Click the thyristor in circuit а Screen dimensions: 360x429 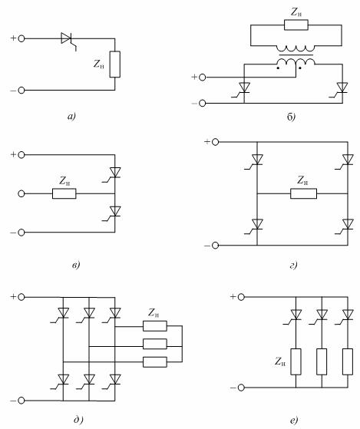[x=67, y=40]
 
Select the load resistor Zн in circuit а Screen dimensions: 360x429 [x=115, y=64]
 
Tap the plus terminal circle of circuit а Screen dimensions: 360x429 [x=21, y=38]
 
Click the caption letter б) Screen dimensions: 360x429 [x=291, y=117]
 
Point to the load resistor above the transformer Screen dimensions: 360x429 [x=296, y=25]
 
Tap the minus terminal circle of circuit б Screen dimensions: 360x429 [x=202, y=103]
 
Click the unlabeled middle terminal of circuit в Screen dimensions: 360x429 [x=21, y=193]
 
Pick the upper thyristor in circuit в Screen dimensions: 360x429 [x=113, y=174]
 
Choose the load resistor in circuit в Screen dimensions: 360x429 [x=64, y=193]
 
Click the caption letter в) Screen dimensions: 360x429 [x=76, y=265]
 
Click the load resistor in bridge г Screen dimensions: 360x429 [x=304, y=193]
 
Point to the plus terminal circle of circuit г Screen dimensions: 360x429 [x=215, y=142]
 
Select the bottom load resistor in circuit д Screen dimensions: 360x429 [x=155, y=362]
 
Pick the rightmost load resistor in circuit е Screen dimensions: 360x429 [x=348, y=361]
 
